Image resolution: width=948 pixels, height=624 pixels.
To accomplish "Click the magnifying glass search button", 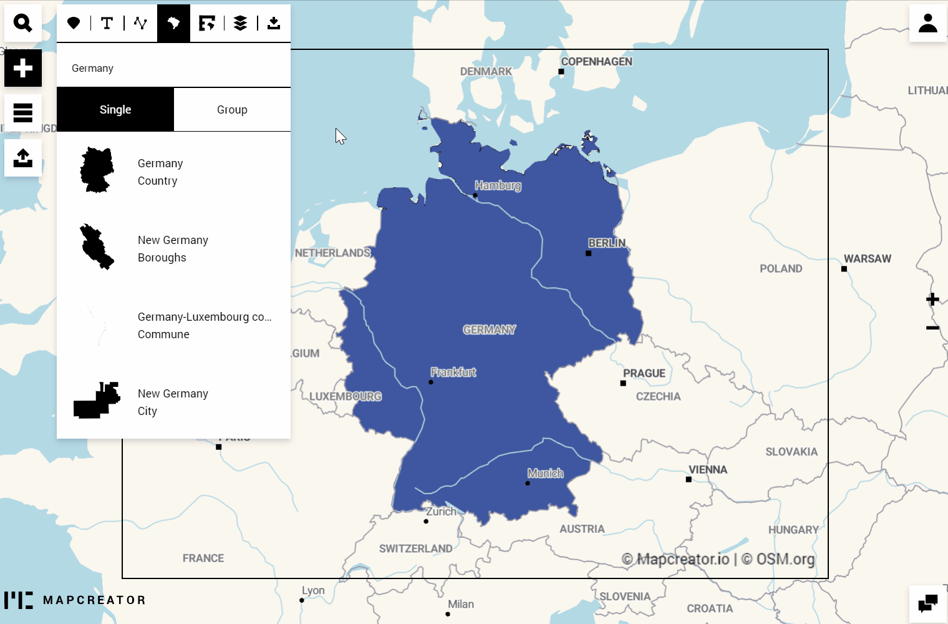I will (x=23, y=23).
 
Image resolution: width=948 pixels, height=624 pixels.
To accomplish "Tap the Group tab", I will (x=232, y=110).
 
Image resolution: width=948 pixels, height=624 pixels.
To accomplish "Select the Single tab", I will (x=115, y=110).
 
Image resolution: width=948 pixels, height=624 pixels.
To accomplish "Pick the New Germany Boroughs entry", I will (x=173, y=248).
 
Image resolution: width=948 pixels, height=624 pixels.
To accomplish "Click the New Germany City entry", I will (x=173, y=402).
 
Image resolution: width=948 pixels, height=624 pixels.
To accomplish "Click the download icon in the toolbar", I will (x=273, y=23).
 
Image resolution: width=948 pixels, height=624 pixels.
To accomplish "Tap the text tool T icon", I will (x=107, y=23).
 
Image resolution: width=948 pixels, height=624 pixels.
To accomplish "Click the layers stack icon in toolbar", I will (x=240, y=23).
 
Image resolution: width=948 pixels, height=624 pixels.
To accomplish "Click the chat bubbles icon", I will (x=927, y=603).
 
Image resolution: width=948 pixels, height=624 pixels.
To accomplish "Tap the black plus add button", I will (x=23, y=68).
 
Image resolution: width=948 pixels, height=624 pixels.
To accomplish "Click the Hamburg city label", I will (x=497, y=185).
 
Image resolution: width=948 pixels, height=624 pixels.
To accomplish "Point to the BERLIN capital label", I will (x=606, y=243).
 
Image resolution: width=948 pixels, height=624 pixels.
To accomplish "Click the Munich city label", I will (x=545, y=473).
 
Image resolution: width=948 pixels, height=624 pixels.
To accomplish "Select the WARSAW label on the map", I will (x=867, y=258).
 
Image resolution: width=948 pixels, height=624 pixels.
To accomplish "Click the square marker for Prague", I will (x=623, y=383).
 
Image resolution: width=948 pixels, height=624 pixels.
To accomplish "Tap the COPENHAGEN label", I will (x=596, y=61).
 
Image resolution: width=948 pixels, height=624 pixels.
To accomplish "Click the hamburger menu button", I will (x=23, y=113).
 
